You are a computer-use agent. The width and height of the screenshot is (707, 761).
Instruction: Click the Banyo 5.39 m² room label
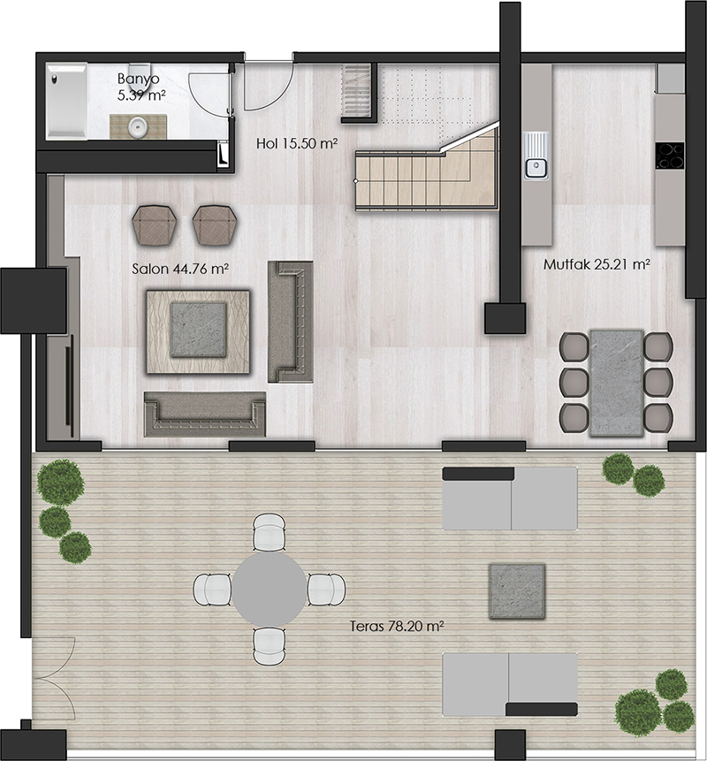[x=141, y=87]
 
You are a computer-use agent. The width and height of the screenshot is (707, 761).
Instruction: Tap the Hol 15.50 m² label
[x=297, y=143]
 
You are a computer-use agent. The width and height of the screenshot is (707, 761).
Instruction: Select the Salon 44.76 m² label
[x=180, y=269]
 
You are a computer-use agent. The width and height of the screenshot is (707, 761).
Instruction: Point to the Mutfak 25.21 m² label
[x=597, y=264]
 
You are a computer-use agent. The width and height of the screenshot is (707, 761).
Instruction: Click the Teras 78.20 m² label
[x=398, y=627]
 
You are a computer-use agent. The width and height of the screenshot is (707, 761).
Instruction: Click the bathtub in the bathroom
[x=67, y=101]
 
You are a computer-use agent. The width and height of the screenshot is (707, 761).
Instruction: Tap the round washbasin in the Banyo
[x=138, y=127]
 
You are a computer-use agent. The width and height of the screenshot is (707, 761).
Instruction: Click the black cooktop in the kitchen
[x=670, y=156]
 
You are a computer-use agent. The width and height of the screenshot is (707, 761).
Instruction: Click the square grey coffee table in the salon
[x=199, y=329]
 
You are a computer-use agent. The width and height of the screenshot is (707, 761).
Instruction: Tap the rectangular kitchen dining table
[x=617, y=383]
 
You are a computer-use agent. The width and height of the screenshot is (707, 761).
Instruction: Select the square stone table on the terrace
[x=517, y=591]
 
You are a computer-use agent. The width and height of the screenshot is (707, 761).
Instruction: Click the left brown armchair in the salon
[x=151, y=225]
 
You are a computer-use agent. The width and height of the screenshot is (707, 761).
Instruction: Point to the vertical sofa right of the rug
[x=290, y=322]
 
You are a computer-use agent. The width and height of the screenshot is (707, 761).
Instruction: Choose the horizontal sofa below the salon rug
[x=205, y=414]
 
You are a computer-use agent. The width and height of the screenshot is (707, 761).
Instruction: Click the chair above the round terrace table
[x=270, y=533]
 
